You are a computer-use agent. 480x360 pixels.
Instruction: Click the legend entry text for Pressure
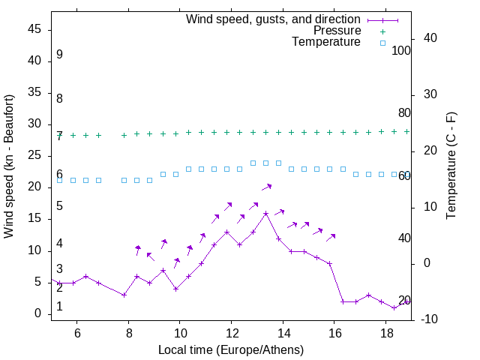(337, 31)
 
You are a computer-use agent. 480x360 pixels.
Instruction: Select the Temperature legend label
(326, 43)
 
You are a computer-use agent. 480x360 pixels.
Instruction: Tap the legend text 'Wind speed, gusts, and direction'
(274, 19)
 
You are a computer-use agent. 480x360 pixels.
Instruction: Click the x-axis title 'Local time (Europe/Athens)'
(231, 349)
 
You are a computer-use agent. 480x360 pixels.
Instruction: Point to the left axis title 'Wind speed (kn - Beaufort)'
(9, 166)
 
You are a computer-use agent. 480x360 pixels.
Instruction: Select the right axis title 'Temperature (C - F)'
(451, 166)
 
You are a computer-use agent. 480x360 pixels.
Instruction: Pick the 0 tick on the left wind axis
(39, 314)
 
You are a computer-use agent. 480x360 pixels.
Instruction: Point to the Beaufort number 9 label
(59, 55)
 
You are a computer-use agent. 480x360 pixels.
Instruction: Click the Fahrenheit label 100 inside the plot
(402, 51)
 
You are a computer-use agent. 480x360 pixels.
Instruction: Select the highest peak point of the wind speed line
(265, 213)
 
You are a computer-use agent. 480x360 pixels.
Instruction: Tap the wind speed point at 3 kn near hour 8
(124, 295)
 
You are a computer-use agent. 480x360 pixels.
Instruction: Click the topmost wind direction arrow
(266, 187)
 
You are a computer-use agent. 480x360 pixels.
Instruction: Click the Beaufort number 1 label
(59, 307)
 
